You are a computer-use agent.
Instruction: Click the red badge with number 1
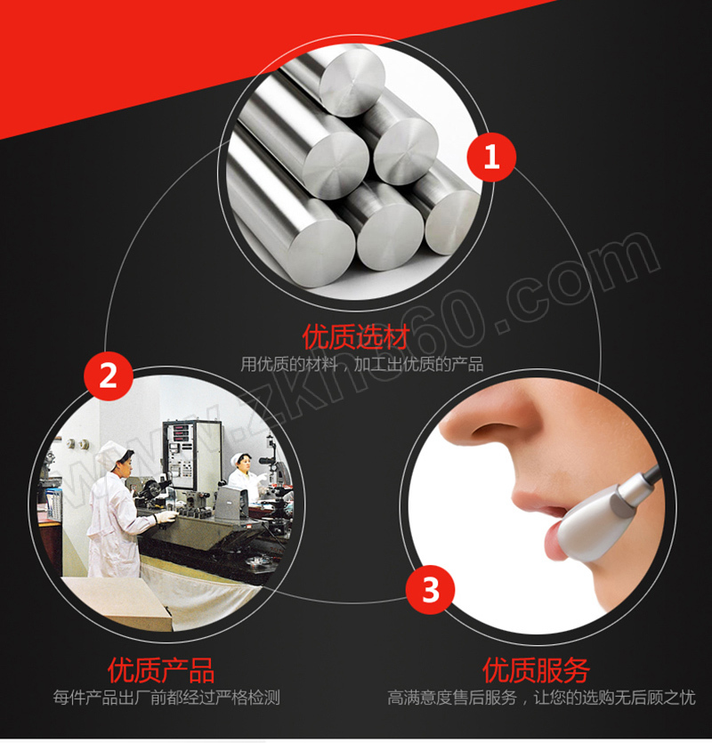tap(491, 157)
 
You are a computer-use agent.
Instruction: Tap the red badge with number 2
tap(109, 376)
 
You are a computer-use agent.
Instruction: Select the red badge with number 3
tap(430, 590)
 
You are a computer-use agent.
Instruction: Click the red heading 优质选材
tap(355, 337)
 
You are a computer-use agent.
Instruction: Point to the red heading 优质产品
tap(161, 670)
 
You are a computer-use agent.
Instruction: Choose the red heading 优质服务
tap(536, 670)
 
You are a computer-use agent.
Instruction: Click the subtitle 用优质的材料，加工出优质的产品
tap(361, 365)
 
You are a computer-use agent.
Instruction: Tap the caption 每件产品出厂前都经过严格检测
tap(166, 698)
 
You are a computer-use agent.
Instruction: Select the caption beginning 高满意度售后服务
tap(541, 698)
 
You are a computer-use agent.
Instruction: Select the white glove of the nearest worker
tap(166, 516)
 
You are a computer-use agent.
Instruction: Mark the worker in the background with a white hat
tap(244, 474)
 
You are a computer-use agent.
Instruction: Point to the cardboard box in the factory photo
tap(118, 604)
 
